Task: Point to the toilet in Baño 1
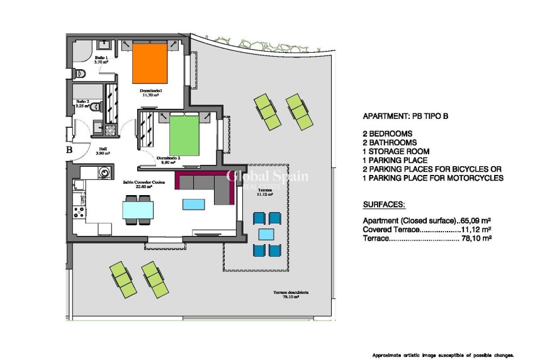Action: (79, 74)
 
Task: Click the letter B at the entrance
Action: (70, 150)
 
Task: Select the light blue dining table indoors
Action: (137, 209)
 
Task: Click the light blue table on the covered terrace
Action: (266, 234)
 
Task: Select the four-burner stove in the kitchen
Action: (79, 205)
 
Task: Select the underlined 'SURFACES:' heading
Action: (384, 205)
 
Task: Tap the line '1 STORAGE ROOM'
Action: (397, 152)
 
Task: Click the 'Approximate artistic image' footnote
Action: (443, 354)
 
